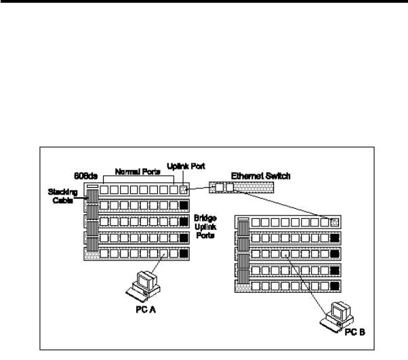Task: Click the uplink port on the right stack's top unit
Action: pyautogui.click(x=333, y=222)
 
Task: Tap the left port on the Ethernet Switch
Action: pyautogui.click(x=216, y=185)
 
